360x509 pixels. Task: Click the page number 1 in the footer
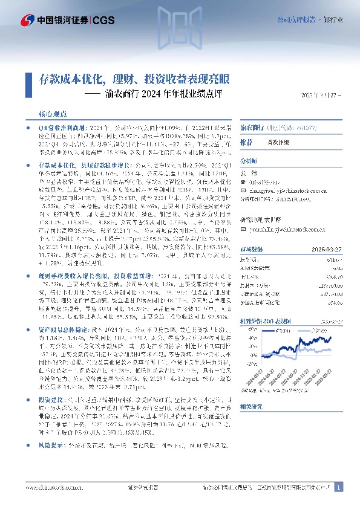pyautogui.click(x=339, y=487)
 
